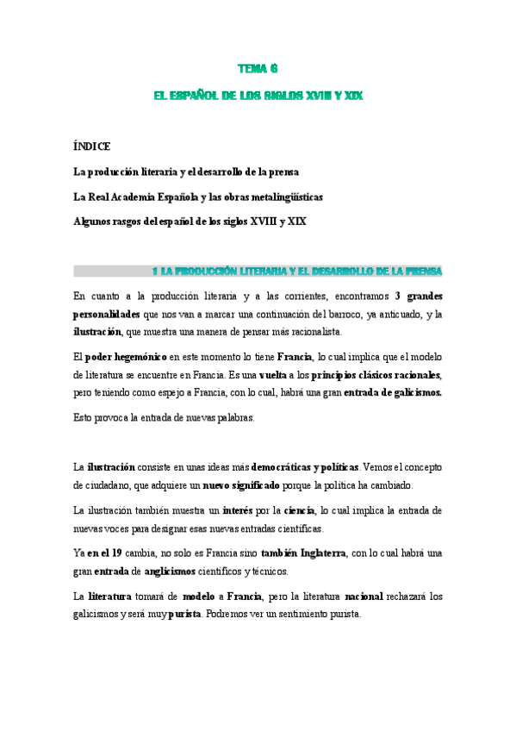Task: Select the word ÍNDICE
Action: pyautogui.click(x=92, y=147)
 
